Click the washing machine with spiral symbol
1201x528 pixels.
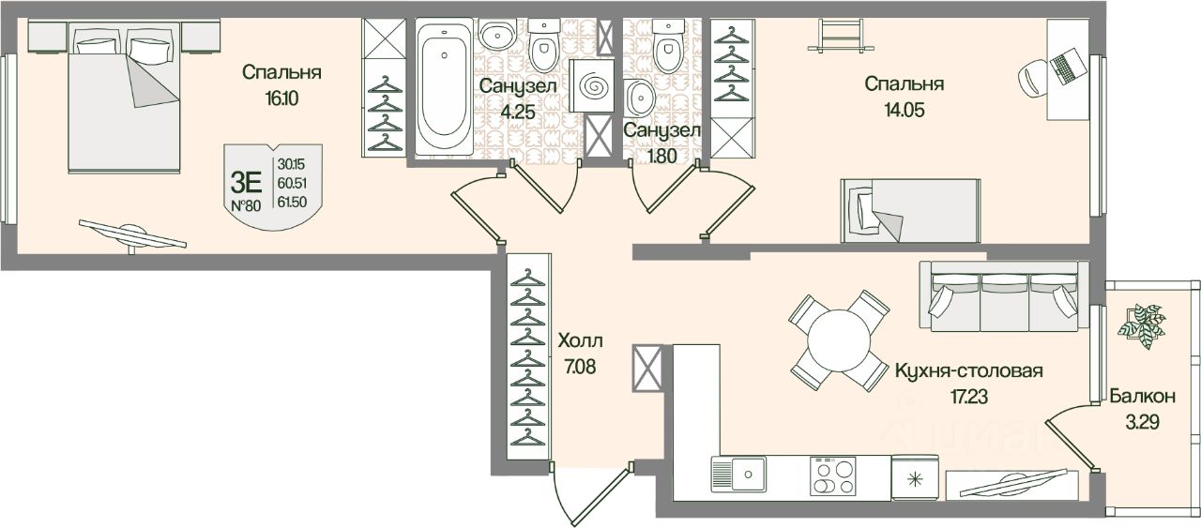tap(593, 86)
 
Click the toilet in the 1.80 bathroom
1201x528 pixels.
tap(667, 52)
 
